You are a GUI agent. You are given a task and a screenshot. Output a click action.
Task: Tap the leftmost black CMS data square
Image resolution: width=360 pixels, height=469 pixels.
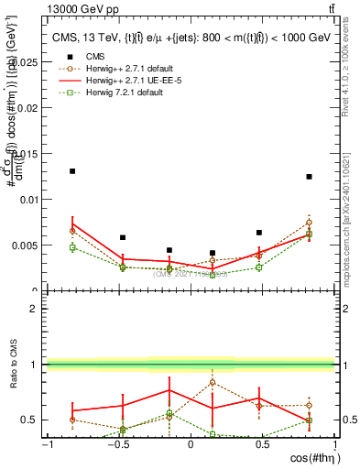tap(72, 171)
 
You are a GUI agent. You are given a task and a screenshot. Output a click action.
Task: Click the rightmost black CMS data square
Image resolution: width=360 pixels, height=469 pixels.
tap(310, 177)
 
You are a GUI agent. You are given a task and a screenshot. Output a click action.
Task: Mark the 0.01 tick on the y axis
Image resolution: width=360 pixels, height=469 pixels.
tap(28, 199)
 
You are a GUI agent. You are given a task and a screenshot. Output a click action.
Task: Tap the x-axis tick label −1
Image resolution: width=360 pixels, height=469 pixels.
tap(46, 444)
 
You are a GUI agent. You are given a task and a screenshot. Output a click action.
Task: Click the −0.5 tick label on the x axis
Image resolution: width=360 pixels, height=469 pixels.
tap(117, 444)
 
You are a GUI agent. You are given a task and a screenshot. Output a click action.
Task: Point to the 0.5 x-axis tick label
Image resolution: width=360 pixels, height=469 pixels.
tap(263, 444)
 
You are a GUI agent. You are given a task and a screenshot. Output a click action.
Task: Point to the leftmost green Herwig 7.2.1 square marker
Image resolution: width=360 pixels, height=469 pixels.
tap(72, 247)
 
